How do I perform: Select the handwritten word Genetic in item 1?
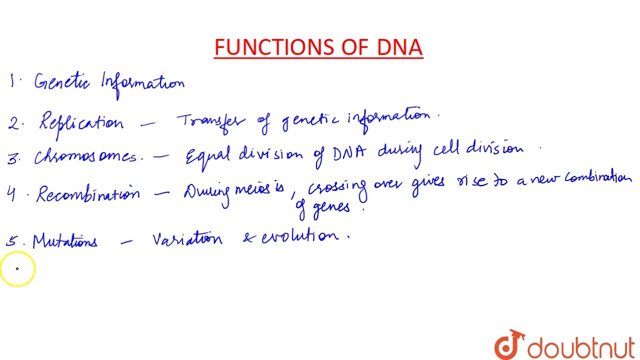click(x=61, y=81)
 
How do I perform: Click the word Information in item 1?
click(x=142, y=83)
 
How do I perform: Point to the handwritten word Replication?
click(x=81, y=123)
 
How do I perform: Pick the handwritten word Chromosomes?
click(x=85, y=156)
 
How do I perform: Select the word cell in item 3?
click(x=446, y=149)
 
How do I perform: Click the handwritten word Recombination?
click(x=87, y=194)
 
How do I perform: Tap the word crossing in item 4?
click(x=336, y=188)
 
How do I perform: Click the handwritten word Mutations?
click(x=64, y=241)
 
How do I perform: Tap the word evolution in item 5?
click(x=299, y=236)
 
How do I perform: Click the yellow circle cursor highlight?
click(x=17, y=269)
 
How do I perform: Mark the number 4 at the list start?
click(x=11, y=194)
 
